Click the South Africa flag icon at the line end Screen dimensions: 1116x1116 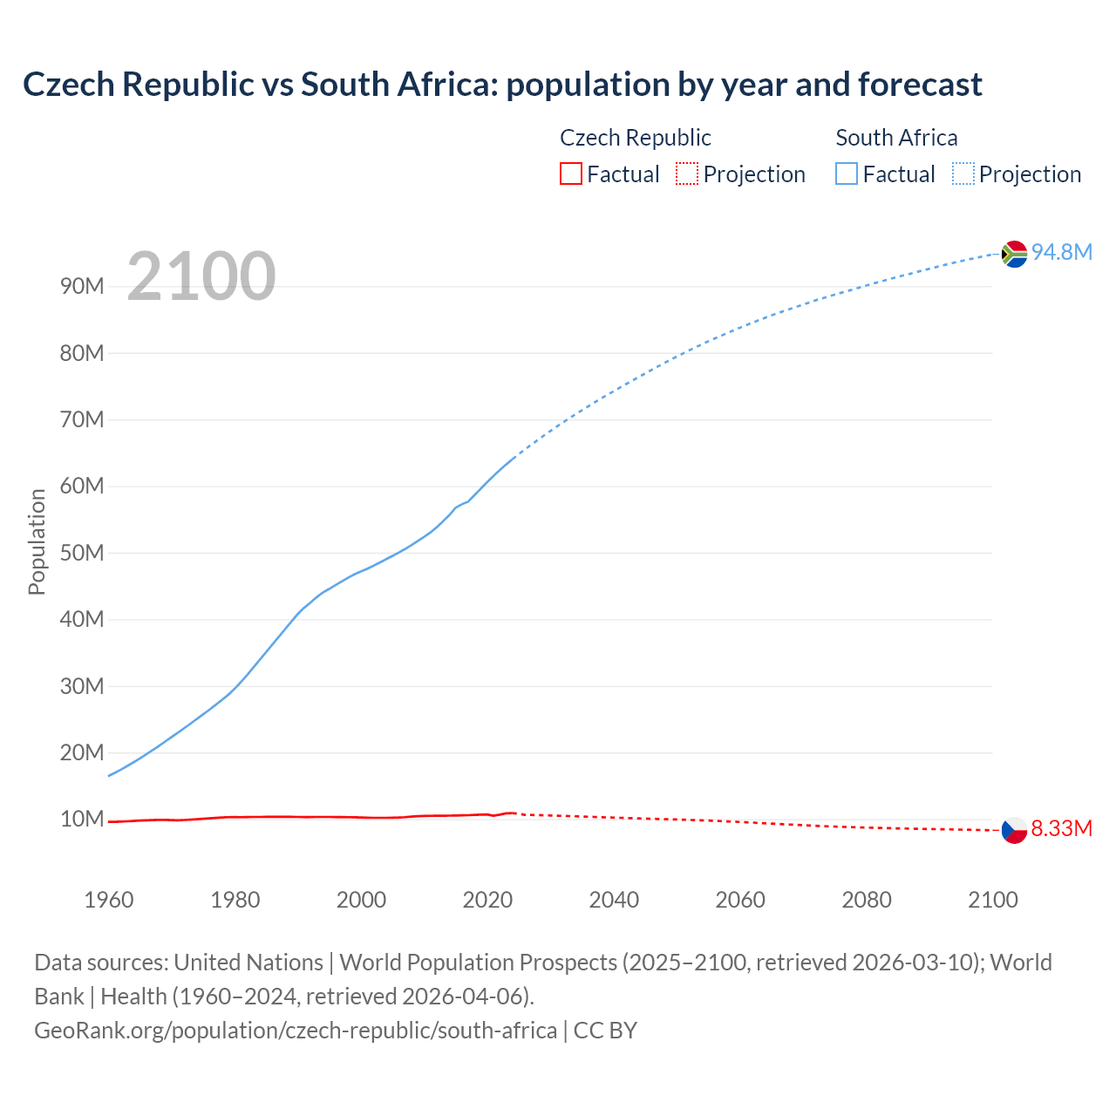pos(1014,254)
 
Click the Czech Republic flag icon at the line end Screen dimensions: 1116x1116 pos(1014,830)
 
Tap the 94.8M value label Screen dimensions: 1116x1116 pos(1062,253)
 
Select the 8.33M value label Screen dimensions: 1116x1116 pos(1061,829)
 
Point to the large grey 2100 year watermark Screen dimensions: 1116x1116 pos(201,276)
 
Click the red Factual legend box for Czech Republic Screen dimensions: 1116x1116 pos(570,174)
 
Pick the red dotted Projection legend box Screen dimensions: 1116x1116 pos(687,174)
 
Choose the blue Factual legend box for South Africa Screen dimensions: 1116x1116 pos(846,174)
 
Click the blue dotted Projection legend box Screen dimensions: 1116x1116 pos(963,174)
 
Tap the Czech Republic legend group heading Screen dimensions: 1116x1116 pos(635,138)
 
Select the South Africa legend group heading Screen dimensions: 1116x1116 pos(896,138)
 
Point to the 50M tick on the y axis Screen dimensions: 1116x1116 pos(82,554)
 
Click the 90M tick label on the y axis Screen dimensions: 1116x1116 pos(82,287)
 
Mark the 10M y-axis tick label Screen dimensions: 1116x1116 pos(82,820)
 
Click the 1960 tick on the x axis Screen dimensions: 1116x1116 pos(109,900)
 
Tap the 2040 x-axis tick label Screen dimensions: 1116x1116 pos(614,900)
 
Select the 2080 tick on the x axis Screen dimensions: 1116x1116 pos(867,900)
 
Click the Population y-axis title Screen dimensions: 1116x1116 pos(37,541)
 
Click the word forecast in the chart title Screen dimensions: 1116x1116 pos(920,85)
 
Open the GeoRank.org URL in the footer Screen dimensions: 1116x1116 pos(296,1031)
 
